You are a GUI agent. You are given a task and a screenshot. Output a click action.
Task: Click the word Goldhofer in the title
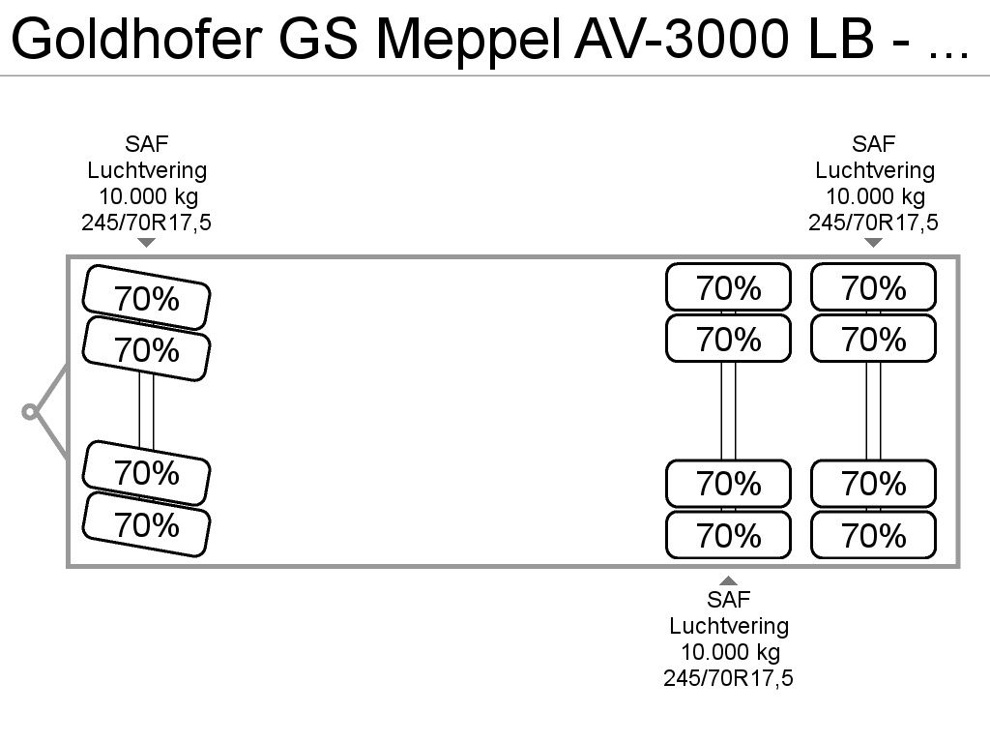pyautogui.click(x=136, y=39)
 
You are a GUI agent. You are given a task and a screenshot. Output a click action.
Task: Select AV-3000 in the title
pyautogui.click(x=682, y=39)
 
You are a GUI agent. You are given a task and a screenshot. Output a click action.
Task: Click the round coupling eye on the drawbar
pyautogui.click(x=29, y=412)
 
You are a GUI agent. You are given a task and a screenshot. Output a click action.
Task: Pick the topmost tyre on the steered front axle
pyautogui.click(x=147, y=297)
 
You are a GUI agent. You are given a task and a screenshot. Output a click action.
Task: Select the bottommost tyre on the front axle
pyautogui.click(x=147, y=524)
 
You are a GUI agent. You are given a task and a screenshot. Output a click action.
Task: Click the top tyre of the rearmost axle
pyautogui.click(x=873, y=286)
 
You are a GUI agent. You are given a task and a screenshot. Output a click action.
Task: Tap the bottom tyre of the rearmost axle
pyautogui.click(x=873, y=535)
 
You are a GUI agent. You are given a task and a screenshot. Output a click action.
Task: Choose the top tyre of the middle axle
pyautogui.click(x=728, y=286)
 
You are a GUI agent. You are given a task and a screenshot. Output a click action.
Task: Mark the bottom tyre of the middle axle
pyautogui.click(x=728, y=535)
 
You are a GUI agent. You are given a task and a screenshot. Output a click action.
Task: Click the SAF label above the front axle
pyautogui.click(x=147, y=144)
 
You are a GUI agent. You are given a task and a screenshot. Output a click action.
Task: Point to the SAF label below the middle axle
pyautogui.click(x=728, y=600)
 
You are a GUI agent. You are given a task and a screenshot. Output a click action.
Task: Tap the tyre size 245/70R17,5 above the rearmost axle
pyautogui.click(x=873, y=223)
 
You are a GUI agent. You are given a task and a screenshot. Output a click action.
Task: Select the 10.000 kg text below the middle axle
pyautogui.click(x=730, y=652)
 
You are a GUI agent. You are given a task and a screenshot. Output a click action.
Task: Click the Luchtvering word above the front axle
pyautogui.click(x=147, y=170)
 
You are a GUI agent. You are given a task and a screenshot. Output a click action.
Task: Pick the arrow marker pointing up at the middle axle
pyautogui.click(x=728, y=580)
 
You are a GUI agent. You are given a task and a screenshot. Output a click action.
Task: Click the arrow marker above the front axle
pyautogui.click(x=147, y=243)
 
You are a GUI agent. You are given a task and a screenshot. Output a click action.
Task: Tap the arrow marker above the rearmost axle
pyautogui.click(x=873, y=243)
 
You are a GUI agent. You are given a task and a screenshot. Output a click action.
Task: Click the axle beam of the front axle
pyautogui.click(x=147, y=410)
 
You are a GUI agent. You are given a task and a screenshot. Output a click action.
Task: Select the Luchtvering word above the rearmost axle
pyautogui.click(x=874, y=170)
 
